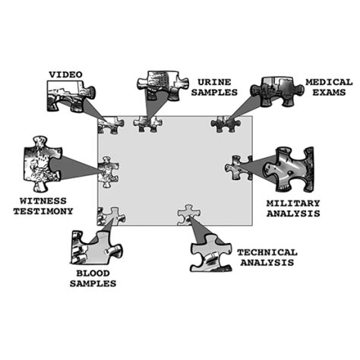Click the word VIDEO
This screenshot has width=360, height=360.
(65, 74)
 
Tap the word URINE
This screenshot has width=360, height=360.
(214, 82)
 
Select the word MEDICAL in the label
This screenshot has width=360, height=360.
(329, 82)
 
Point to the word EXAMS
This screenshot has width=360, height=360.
(329, 93)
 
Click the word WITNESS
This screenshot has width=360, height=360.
(43, 201)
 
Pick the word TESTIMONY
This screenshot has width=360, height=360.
(43, 211)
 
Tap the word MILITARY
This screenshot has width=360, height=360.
(293, 204)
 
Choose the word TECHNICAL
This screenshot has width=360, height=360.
(267, 252)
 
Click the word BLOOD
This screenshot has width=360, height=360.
(93, 273)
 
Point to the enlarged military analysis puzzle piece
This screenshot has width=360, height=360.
(289, 169)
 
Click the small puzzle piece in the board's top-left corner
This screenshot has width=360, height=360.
(110, 125)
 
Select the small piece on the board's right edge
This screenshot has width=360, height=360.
(238, 168)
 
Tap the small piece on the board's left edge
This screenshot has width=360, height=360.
(108, 172)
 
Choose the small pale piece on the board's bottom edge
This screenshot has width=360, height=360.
(188, 215)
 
